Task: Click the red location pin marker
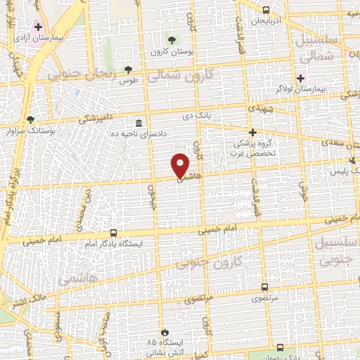point(181,165)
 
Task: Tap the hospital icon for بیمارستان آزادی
point(38,27)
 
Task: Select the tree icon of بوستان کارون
point(172,37)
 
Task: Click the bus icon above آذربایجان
point(266,10)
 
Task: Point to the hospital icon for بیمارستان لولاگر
point(302,78)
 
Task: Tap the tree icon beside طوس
point(127,69)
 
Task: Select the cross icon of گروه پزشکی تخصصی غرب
point(253,131)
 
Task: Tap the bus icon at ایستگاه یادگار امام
point(114,233)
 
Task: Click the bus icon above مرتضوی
point(264,286)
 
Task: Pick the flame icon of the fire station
point(165,331)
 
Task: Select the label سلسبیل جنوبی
point(335,252)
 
